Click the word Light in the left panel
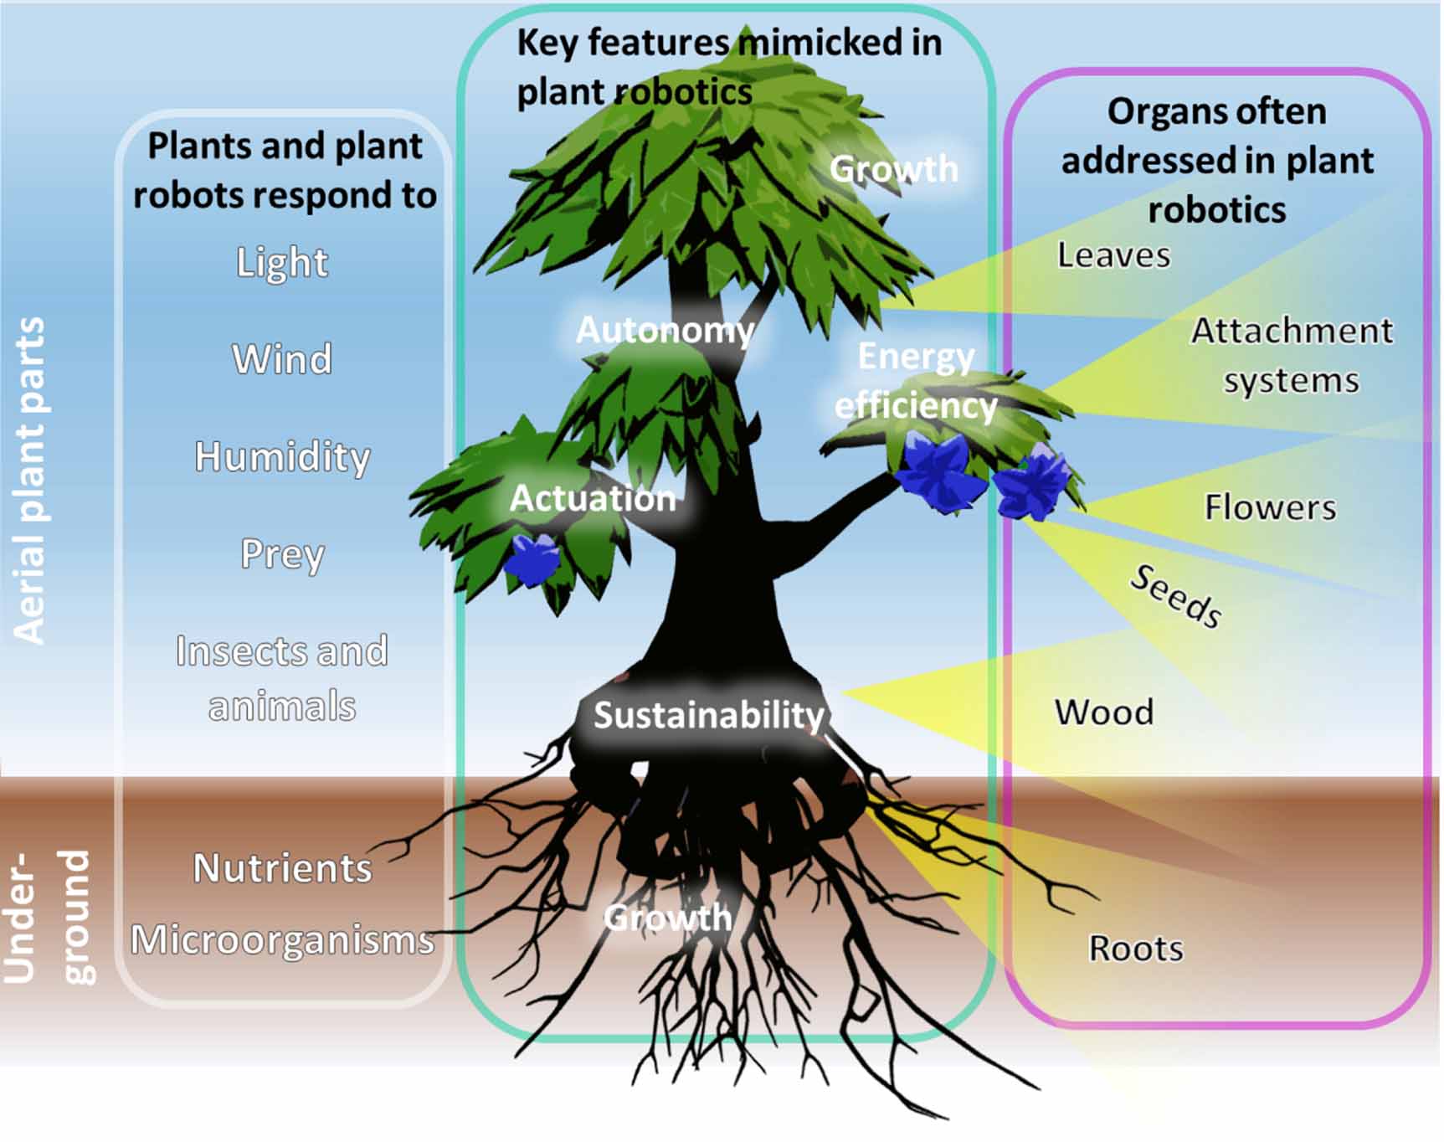(x=282, y=263)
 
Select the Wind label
(x=282, y=359)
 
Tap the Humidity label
(x=282, y=457)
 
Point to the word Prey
(x=282, y=554)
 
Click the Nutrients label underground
(x=282, y=868)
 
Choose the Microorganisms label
(x=282, y=940)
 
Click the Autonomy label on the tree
(x=665, y=330)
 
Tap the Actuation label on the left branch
(x=593, y=499)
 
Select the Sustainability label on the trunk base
(x=708, y=715)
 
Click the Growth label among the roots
(x=667, y=918)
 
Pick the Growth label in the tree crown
(x=893, y=169)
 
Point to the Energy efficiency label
(x=916, y=381)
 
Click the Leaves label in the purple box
(x=1113, y=255)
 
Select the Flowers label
(x=1270, y=507)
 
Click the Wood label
(x=1104, y=712)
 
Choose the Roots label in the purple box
(x=1136, y=949)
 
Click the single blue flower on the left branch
(x=532, y=558)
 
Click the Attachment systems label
(x=1292, y=355)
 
